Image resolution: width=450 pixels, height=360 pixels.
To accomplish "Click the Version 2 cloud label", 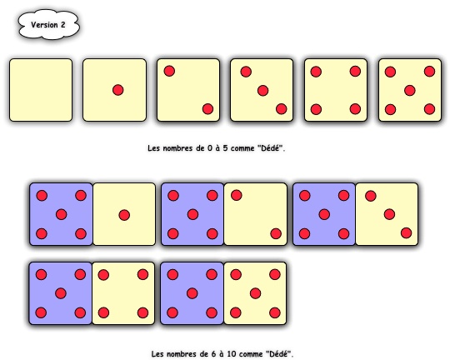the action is tap(49, 25).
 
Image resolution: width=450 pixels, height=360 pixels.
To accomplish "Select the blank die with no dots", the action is tap(41, 90).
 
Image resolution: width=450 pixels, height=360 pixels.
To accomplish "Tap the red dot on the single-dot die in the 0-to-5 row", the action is tap(118, 90).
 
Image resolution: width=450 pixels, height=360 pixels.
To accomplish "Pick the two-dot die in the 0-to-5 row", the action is tap(188, 90).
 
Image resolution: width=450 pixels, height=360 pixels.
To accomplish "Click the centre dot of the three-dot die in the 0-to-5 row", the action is tap(262, 91).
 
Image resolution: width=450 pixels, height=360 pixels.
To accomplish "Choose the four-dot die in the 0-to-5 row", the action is tap(336, 90).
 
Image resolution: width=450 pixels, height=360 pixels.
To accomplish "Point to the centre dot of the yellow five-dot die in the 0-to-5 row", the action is tap(410, 91).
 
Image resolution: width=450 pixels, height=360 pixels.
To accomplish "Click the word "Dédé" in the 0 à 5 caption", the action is tap(271, 148).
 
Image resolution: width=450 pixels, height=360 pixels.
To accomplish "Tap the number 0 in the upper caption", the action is tap(209, 148).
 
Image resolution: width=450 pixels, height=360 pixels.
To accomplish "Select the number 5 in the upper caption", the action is tap(225, 148).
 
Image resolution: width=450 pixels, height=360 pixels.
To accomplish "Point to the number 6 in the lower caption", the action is tap(213, 353).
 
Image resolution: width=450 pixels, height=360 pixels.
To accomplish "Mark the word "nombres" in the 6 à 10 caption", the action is tap(178, 354).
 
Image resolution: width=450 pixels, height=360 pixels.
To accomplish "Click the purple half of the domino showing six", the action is tap(61, 214).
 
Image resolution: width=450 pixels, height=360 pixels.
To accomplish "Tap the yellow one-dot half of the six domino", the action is tap(124, 214).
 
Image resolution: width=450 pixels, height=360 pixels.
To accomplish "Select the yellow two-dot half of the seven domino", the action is tap(256, 214).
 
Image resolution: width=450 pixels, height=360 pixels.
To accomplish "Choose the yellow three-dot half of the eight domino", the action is tap(387, 214).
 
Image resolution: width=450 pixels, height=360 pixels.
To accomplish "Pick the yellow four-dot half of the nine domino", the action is tap(123, 293).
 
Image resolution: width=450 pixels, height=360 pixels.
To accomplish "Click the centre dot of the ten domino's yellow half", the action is tap(256, 293).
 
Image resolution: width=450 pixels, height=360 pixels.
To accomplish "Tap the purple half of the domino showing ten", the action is tap(192, 293).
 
